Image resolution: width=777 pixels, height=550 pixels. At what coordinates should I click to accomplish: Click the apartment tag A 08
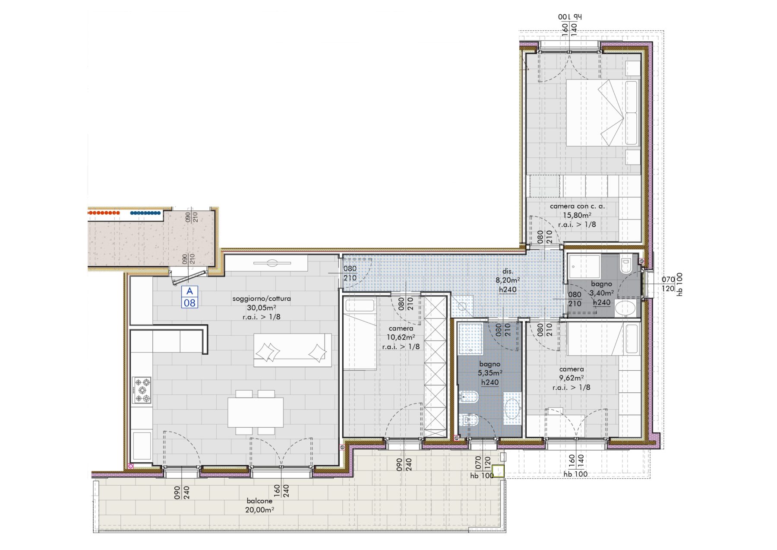coord(190,297)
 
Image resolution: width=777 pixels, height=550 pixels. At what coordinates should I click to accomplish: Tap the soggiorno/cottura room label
coord(262,299)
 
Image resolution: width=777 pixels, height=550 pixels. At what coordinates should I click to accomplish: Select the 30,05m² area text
coord(262,308)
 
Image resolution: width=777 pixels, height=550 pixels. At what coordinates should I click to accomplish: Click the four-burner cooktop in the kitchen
coord(142,390)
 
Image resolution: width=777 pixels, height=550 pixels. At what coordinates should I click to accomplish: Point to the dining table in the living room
coord(256,412)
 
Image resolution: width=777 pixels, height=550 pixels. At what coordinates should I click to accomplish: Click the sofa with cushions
coord(293,350)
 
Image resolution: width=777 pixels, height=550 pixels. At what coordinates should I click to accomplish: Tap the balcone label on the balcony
coord(259,501)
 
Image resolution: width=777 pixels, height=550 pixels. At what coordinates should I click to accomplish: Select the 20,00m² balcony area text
coord(259,510)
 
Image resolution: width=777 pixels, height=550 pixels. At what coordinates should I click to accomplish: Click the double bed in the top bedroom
coord(603,113)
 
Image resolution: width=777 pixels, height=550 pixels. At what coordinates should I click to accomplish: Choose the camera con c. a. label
coord(577,207)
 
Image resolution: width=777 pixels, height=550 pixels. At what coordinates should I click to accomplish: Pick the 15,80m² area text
coord(577,215)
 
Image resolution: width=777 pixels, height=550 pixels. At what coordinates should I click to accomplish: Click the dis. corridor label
coord(508,271)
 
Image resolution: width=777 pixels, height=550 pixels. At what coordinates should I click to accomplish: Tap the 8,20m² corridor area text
coord(508,280)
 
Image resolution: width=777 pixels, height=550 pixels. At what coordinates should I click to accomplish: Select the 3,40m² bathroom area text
coord(602,293)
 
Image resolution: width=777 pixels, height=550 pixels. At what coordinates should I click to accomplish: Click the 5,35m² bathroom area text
coord(490,373)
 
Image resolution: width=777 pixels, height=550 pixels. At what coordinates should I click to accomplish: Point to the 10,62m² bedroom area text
coord(401,337)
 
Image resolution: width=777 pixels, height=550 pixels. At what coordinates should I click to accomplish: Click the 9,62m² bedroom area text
coord(572,378)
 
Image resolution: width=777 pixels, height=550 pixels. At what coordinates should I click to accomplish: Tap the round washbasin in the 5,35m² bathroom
coord(512,408)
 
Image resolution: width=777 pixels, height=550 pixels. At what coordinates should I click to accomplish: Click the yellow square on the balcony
coord(498,471)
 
